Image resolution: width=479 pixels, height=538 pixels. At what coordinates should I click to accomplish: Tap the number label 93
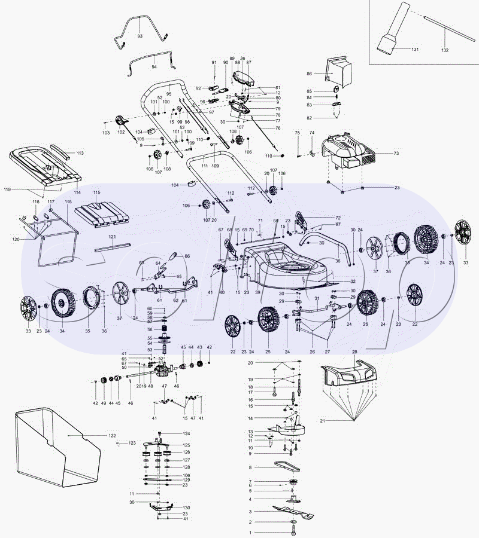[140, 36]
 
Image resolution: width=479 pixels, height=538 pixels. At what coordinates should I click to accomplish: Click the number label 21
[322, 421]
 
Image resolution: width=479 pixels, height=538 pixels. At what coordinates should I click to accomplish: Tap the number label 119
[7, 189]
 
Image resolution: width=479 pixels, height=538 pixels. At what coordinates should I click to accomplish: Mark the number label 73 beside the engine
[396, 154]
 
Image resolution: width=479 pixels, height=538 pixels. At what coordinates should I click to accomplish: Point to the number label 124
[186, 433]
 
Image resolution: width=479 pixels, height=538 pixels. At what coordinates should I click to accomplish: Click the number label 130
[186, 507]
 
